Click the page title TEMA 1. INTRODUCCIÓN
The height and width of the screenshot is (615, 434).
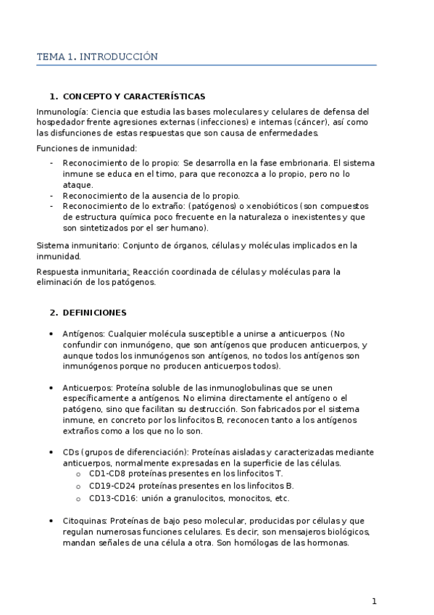97,56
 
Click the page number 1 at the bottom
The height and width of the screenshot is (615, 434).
374,600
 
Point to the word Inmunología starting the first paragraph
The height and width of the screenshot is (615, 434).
62,112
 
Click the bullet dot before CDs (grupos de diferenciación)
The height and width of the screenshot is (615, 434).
51,452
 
